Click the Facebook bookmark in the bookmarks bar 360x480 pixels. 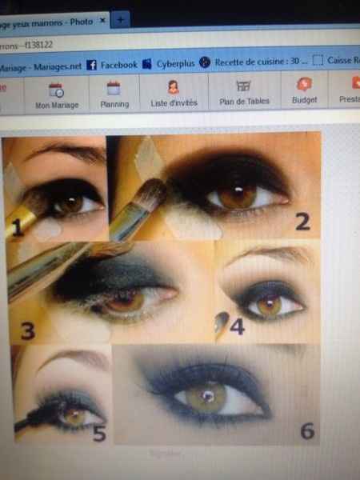[x=112, y=64]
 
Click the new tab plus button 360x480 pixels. [x=121, y=18]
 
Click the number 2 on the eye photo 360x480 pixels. [x=302, y=222]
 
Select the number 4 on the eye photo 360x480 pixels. [x=236, y=326]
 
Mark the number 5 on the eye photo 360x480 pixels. [x=98, y=434]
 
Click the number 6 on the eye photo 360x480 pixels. [x=306, y=430]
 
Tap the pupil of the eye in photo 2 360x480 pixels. [x=238, y=196]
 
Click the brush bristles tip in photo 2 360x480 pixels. [x=155, y=194]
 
